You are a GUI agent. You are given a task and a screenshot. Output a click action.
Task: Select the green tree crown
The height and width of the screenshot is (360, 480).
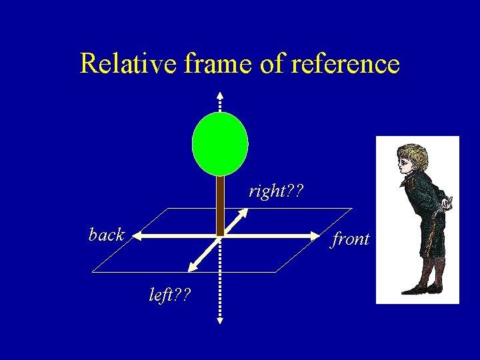[x=220, y=143]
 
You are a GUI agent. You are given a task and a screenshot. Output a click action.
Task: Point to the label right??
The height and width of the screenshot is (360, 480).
[x=276, y=192]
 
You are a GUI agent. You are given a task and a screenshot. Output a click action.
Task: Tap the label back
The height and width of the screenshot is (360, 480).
[x=106, y=235]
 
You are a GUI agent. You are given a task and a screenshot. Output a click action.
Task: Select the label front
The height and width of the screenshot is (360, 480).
[x=351, y=239]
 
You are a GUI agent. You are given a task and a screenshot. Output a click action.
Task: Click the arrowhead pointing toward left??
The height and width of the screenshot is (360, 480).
[x=192, y=267]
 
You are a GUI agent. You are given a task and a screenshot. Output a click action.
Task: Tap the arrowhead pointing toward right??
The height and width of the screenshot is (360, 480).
[x=243, y=213]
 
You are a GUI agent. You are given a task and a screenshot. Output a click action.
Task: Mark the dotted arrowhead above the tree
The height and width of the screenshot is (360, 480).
[x=220, y=94]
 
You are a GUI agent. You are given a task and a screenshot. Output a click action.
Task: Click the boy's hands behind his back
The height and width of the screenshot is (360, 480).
[x=447, y=201]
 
